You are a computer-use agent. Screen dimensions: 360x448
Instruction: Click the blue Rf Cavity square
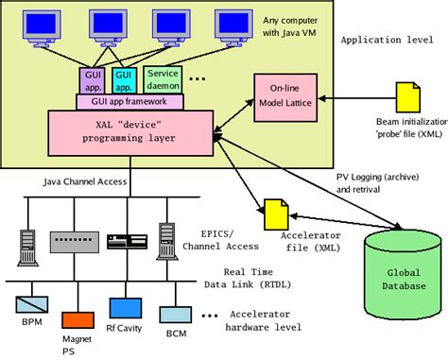tap(124, 308)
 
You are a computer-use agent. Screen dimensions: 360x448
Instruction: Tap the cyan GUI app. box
tap(125, 78)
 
